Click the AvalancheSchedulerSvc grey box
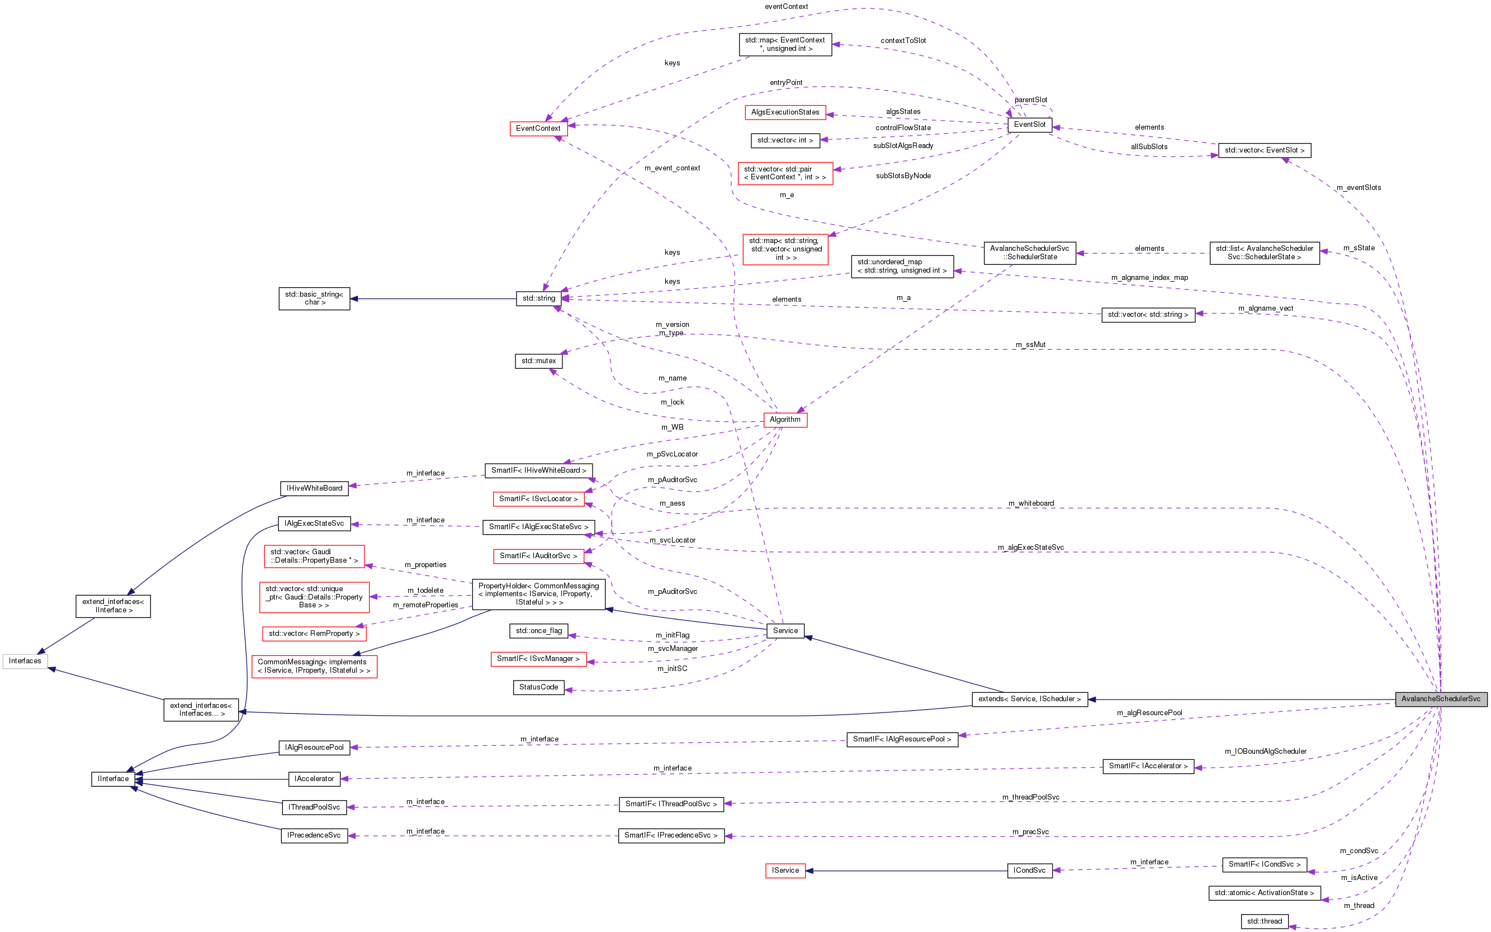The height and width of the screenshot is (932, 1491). (x=1441, y=699)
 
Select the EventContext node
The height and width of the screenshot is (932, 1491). (x=538, y=128)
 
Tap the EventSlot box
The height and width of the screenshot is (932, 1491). (x=1029, y=125)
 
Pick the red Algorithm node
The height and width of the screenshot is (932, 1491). (x=784, y=420)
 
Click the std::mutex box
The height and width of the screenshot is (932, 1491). (x=538, y=361)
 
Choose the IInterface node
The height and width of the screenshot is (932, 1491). (x=113, y=779)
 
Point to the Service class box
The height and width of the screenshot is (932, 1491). (x=785, y=631)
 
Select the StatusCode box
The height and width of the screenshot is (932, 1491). (x=538, y=687)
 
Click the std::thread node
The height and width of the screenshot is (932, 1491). (x=1264, y=921)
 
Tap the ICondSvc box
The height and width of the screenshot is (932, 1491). (x=1029, y=871)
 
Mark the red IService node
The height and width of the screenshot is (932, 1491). (x=785, y=871)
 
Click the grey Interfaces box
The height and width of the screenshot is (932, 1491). (x=25, y=662)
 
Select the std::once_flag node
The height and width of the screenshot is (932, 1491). (x=538, y=631)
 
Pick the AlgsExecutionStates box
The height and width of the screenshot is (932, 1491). (x=785, y=112)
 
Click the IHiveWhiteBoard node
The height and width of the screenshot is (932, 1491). (x=314, y=488)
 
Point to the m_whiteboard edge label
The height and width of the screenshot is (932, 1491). (x=1030, y=503)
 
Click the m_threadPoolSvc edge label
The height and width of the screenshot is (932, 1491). (x=1030, y=797)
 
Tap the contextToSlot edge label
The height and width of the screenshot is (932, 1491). (x=903, y=41)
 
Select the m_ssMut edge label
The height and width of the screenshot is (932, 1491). (x=1030, y=345)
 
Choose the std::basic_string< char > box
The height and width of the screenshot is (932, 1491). (x=315, y=298)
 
